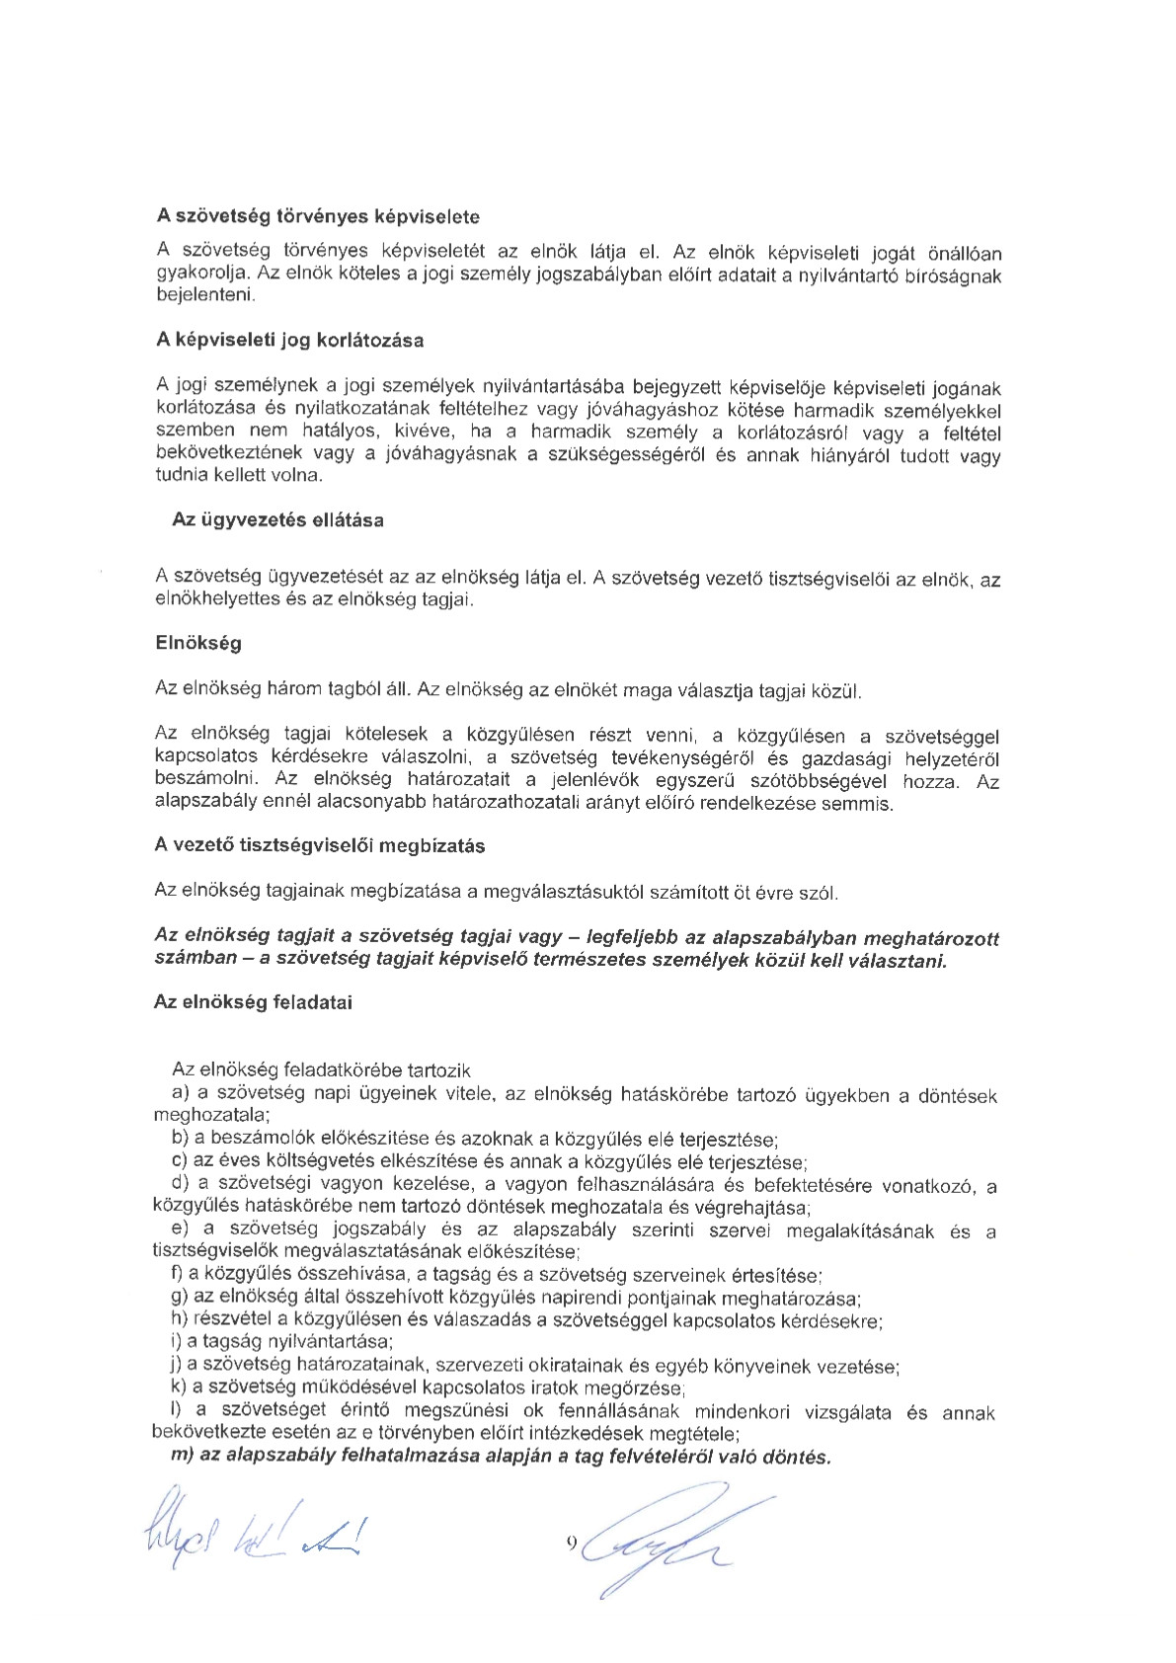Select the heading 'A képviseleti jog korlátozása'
coord(290,341)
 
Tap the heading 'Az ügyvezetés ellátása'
coord(277,519)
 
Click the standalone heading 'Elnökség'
coord(197,643)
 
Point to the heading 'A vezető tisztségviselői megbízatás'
coord(319,846)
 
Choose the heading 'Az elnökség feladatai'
coord(253,1002)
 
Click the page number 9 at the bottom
coord(572,1543)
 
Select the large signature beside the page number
coord(662,1536)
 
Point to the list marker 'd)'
coord(181,1184)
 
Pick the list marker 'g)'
coord(180,1298)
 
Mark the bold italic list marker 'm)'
coord(181,1457)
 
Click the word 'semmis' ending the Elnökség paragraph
coord(864,804)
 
